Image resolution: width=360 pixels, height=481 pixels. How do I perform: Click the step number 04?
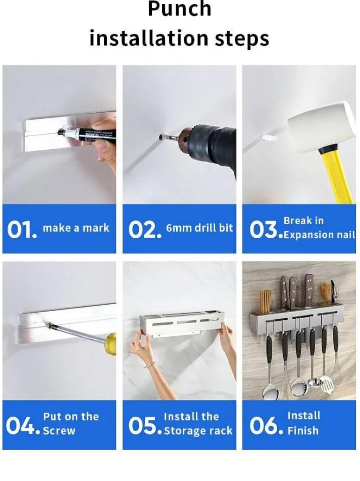tap(23, 426)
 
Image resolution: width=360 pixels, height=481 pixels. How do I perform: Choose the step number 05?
tap(145, 426)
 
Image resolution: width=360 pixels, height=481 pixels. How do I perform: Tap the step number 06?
tap(266, 426)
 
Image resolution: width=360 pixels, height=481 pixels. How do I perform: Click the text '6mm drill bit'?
tap(199, 227)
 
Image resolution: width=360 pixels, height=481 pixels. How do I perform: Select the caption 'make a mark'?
tap(76, 228)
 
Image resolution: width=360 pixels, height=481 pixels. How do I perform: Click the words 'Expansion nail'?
tap(319, 235)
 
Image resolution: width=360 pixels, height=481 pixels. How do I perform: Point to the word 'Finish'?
tap(303, 430)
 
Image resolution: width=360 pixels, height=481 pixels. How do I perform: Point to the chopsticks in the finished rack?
tap(265, 301)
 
